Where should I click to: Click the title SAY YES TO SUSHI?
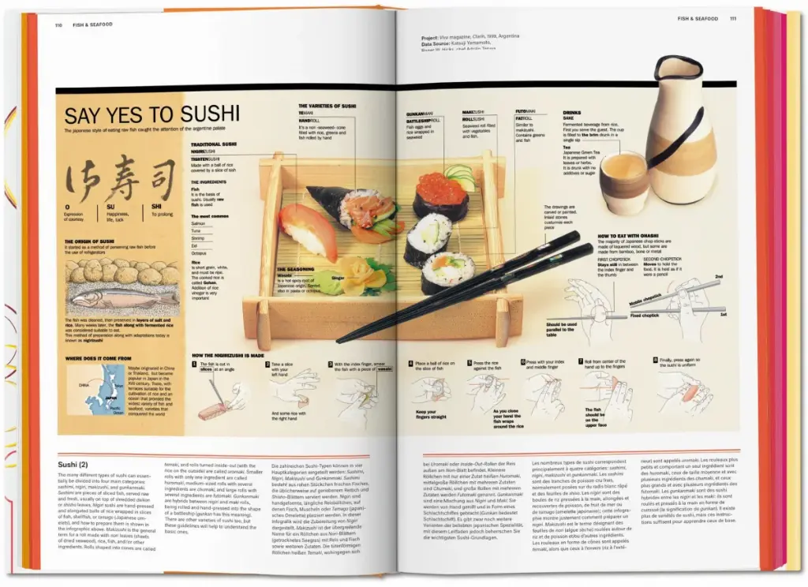(x=151, y=115)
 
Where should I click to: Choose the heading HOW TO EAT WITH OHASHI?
(x=638, y=236)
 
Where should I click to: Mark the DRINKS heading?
(x=571, y=113)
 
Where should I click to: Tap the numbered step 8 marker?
(x=654, y=361)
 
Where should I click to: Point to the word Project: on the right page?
(x=431, y=36)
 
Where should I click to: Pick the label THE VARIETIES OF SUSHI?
(x=328, y=106)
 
